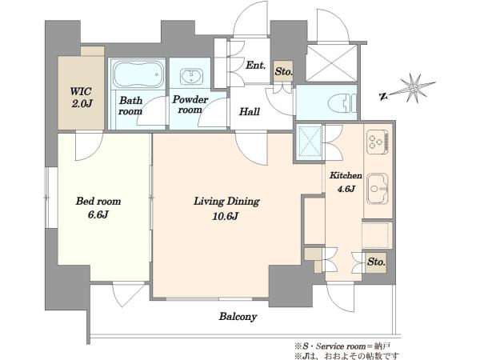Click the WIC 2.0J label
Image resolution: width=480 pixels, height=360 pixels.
coord(81,98)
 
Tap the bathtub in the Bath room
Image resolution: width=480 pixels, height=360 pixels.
coord(138,74)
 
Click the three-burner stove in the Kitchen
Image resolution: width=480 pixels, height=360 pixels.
coord(378,141)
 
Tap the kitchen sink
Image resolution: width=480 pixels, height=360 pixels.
coord(378,188)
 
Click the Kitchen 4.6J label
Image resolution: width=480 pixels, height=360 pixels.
coord(346,182)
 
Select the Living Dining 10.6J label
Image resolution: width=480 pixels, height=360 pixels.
coord(226,209)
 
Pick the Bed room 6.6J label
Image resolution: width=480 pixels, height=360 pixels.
coord(98,208)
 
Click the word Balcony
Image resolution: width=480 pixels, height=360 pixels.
coord(238,316)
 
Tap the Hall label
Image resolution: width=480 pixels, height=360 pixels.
coord(250,111)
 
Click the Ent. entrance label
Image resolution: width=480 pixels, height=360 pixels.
coord(256,66)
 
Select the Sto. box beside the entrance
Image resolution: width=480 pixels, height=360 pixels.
coord(283,71)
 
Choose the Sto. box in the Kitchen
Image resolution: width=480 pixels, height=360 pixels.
coord(376,262)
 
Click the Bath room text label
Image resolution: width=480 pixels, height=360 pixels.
coord(130,106)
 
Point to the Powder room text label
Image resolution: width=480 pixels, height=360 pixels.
coord(190,104)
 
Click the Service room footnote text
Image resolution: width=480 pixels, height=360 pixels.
coord(343,346)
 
